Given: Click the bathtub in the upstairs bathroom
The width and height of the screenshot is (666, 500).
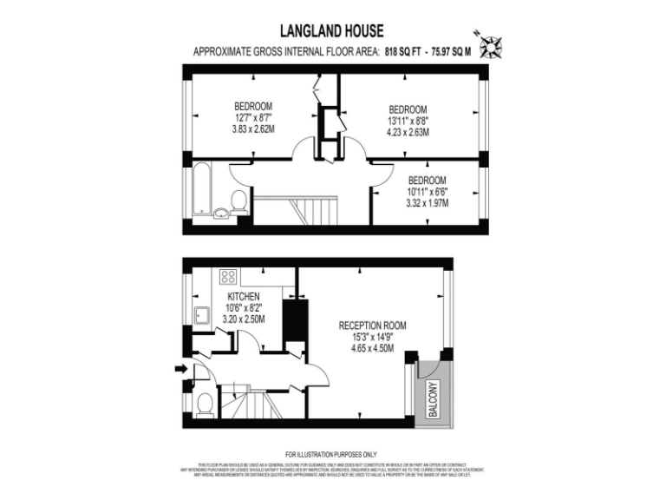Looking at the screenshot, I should click(x=199, y=187).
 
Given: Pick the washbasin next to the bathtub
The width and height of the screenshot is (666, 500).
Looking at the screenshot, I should click(x=220, y=211).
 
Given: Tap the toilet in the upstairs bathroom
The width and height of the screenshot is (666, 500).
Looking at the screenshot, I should click(x=239, y=202).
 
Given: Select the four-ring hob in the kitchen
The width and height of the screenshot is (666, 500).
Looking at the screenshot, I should click(x=229, y=277).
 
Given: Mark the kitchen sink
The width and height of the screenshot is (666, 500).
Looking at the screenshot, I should click(x=200, y=315).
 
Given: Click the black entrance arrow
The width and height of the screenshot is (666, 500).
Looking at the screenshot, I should click(x=180, y=369).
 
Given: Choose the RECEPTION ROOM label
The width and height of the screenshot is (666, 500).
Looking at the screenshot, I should click(x=372, y=326).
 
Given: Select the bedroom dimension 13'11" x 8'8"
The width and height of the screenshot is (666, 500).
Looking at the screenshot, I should click(x=408, y=121).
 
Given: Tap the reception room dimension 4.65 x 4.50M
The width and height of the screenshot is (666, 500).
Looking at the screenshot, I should click(x=372, y=348).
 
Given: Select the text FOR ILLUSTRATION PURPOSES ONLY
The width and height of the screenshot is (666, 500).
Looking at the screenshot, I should click(x=332, y=455).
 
